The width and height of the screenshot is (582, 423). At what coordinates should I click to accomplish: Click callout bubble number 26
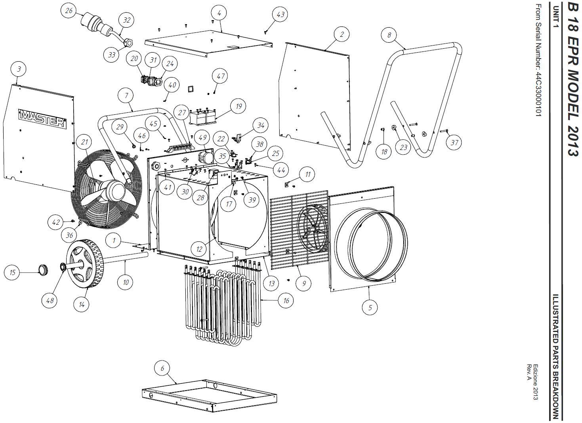pos(69,11)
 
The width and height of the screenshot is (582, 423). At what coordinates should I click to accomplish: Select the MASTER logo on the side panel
pos(42,118)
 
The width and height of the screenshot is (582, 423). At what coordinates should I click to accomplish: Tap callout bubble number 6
pos(162,369)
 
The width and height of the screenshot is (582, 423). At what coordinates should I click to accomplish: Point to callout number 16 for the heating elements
pos(286,301)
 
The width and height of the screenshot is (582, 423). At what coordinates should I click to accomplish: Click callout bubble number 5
pos(370,307)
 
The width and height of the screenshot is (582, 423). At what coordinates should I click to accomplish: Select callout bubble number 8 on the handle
pos(389,35)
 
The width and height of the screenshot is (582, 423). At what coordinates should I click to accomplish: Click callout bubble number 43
pos(281,15)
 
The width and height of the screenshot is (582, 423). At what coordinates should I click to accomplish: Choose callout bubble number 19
pos(238,106)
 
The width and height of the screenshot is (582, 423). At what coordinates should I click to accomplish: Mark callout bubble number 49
pos(202,138)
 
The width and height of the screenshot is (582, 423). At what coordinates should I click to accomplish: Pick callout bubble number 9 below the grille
pos(304,283)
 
